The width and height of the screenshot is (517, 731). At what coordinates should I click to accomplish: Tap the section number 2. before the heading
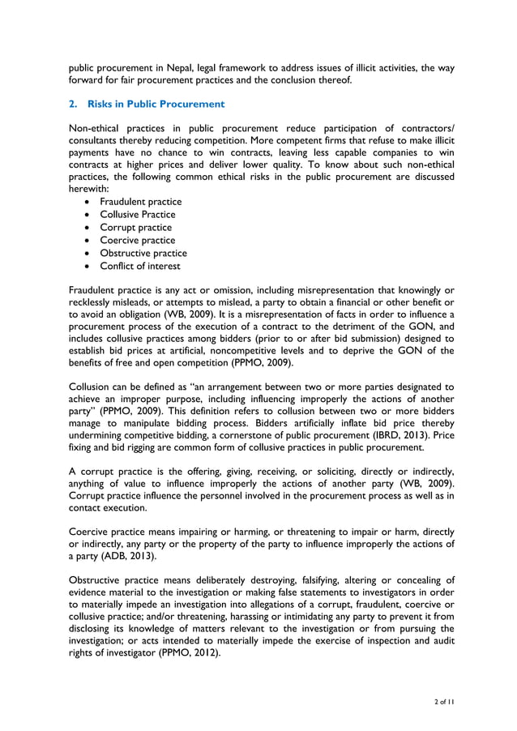pyautogui.click(x=73, y=104)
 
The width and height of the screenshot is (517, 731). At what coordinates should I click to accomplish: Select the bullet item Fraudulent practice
pyautogui.click(x=140, y=201)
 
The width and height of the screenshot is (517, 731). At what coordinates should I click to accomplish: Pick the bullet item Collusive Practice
pyautogui.click(x=137, y=214)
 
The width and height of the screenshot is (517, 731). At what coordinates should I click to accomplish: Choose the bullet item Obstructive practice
pyautogui.click(x=143, y=253)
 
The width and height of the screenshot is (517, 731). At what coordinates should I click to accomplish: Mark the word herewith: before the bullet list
pyautogui.click(x=89, y=187)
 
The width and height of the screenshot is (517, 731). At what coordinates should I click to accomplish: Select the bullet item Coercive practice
pyautogui.click(x=137, y=240)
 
